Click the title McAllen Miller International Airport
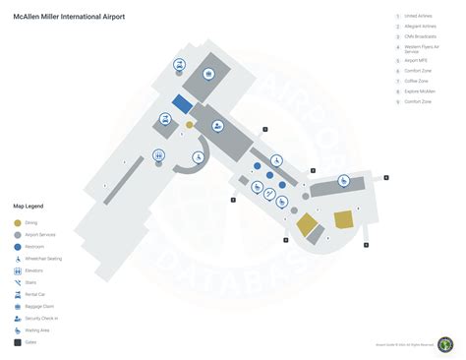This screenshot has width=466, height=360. (69, 17)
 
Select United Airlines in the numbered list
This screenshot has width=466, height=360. (419, 16)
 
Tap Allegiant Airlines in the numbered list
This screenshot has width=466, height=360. (422, 27)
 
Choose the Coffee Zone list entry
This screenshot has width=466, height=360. (416, 81)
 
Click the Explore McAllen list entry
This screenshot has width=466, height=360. (420, 91)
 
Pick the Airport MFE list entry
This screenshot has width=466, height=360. (416, 60)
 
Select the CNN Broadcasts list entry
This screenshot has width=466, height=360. (421, 37)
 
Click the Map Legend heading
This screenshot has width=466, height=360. (28, 206)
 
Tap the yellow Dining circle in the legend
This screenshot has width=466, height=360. (18, 223)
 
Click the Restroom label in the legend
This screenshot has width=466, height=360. (34, 247)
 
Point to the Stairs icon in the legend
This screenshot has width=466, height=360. (18, 282)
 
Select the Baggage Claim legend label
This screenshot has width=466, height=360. (40, 306)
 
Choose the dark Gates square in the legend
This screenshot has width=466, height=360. (18, 341)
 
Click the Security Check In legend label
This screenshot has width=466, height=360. (42, 318)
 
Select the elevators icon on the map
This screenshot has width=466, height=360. (159, 153)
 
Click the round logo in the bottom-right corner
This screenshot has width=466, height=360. (445, 343)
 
